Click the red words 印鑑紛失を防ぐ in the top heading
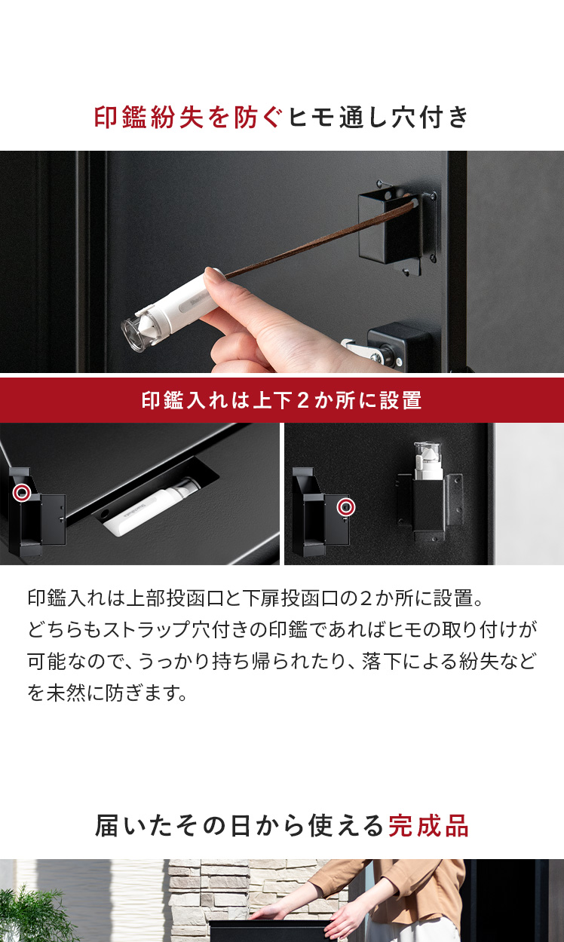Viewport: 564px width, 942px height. point(187,117)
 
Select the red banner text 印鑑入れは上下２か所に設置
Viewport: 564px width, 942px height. point(281,400)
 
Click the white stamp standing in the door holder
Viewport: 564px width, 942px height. point(428,460)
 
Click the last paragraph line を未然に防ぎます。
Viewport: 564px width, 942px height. point(108,693)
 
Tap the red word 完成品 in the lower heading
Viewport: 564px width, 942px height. point(428,826)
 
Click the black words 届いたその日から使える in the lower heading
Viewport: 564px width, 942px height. point(239,826)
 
